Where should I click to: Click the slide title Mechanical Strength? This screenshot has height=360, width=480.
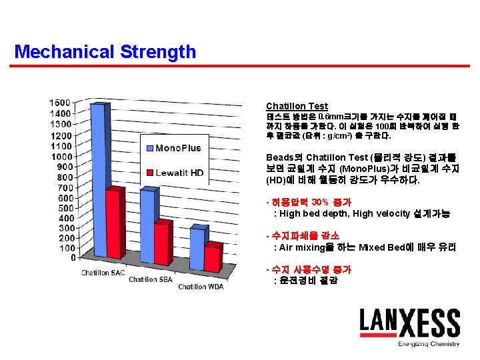105,51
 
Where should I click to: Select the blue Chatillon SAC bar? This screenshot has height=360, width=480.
97,180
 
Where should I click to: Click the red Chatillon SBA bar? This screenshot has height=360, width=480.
162,244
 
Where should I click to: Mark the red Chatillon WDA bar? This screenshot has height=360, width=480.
212,257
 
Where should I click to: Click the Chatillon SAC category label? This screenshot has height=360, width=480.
103,273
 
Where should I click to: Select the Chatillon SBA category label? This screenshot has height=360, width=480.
151,279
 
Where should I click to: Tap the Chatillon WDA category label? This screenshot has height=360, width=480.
201,287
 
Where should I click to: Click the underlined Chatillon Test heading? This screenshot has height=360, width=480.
297,106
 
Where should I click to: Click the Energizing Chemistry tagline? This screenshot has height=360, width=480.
429,344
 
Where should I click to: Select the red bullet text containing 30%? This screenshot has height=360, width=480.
310,202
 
